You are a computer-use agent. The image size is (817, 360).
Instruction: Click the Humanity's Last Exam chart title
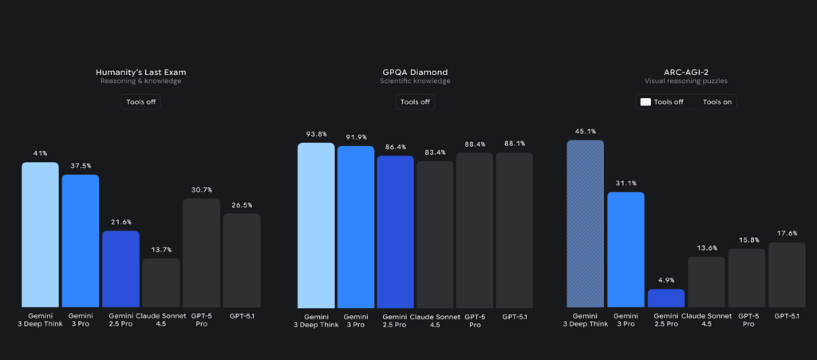pos(140,72)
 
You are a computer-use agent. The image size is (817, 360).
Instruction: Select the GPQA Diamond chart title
pos(415,72)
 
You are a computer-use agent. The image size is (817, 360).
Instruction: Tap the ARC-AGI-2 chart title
pos(686,72)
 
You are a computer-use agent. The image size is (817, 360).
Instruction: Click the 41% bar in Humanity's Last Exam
pos(40,235)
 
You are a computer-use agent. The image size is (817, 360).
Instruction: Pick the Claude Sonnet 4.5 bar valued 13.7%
pos(161,283)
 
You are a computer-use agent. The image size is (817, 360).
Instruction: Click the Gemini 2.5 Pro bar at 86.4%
pos(395,232)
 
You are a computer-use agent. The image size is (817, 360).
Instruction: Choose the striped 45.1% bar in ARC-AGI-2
pos(585,224)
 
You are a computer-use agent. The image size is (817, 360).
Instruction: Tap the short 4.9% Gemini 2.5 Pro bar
pos(665,299)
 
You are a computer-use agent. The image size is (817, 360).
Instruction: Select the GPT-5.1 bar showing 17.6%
pos(786,275)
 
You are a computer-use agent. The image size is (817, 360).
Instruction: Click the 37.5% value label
pos(81,167)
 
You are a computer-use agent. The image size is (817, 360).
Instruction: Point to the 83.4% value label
pos(435,152)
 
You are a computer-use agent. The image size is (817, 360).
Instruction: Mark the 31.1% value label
pos(625,184)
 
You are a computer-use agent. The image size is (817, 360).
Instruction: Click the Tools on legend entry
pos(718,102)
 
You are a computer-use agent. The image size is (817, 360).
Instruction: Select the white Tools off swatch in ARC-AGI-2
pos(645,102)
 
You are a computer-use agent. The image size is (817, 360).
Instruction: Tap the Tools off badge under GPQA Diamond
pos(415,102)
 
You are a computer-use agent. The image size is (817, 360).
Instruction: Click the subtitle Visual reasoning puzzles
pos(686,81)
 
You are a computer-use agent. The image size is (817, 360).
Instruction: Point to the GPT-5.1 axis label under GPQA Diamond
pos(514,317)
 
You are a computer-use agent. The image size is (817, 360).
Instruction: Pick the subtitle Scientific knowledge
pos(415,81)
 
